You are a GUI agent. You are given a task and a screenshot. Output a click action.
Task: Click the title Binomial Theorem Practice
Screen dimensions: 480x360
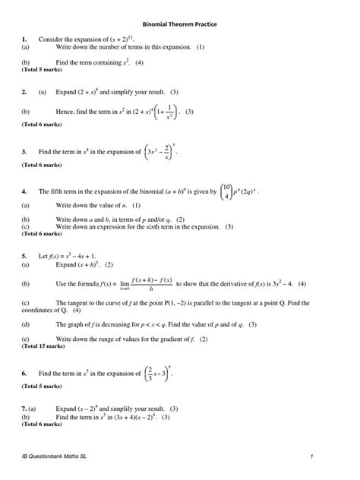(180, 24)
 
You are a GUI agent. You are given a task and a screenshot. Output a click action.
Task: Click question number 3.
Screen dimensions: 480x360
(24, 151)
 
